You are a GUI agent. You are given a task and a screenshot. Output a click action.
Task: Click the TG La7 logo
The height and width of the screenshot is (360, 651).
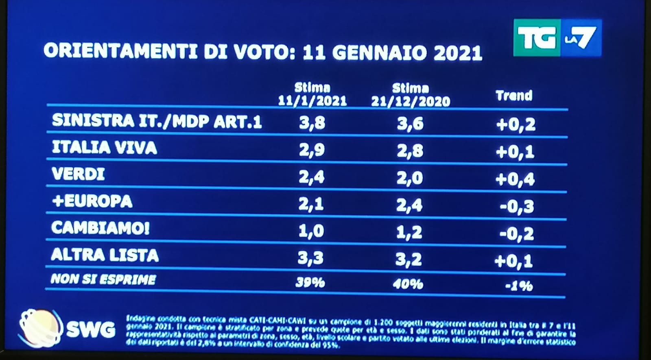pyautogui.click(x=557, y=38)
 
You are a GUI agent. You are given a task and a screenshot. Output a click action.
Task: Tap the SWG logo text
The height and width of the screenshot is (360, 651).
pyautogui.click(x=90, y=329)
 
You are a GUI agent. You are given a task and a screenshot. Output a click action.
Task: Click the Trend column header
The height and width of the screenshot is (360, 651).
pyautogui.click(x=514, y=96)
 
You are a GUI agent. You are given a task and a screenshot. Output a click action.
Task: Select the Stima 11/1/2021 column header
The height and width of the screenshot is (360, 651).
pyautogui.click(x=312, y=94)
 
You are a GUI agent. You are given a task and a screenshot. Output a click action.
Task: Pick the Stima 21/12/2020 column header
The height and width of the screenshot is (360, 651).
pyautogui.click(x=411, y=95)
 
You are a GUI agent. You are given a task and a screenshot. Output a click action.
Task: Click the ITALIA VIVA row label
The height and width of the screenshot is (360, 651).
pyautogui.click(x=104, y=148)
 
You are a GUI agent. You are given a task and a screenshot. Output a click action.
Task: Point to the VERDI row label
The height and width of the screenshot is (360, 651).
pyautogui.click(x=78, y=175)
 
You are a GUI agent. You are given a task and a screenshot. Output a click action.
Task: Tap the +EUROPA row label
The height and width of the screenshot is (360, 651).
pyautogui.click(x=92, y=201)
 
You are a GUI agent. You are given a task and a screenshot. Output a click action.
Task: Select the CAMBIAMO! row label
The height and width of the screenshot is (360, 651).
pyautogui.click(x=100, y=228)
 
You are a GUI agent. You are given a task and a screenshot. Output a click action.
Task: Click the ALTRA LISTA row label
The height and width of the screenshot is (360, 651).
pyautogui.click(x=105, y=255)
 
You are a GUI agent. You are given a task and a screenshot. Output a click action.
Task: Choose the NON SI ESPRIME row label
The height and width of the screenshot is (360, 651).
pyautogui.click(x=103, y=279)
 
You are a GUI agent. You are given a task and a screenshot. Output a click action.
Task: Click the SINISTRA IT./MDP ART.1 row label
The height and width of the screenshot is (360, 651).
pyautogui.click(x=157, y=121)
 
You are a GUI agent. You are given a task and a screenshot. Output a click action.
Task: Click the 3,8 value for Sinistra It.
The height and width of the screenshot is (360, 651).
pyautogui.click(x=312, y=122)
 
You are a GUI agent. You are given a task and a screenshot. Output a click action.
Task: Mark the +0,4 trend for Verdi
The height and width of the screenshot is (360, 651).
pyautogui.click(x=515, y=179)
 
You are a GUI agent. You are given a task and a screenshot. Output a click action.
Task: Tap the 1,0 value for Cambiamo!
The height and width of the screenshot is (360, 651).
pyautogui.click(x=311, y=231)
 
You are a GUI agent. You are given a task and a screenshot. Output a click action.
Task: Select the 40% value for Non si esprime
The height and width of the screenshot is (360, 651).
pyautogui.click(x=408, y=284)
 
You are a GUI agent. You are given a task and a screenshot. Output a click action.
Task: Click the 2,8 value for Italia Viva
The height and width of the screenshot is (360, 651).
pyautogui.click(x=410, y=151)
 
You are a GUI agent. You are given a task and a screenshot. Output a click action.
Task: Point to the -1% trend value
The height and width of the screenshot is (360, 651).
pyautogui.click(x=519, y=286)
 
